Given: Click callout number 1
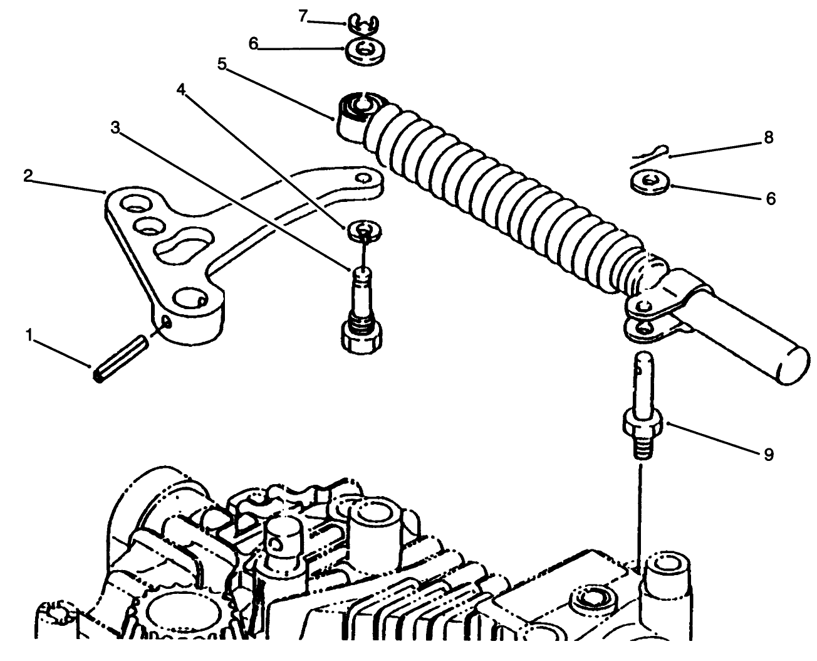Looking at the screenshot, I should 29,336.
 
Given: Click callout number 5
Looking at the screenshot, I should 222,63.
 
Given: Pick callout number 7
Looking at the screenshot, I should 303,16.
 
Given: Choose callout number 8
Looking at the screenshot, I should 769,137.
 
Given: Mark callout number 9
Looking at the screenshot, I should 769,454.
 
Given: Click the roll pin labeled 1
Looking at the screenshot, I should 121,360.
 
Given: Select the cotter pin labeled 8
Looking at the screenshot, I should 648,154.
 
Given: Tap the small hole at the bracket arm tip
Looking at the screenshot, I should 362,179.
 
